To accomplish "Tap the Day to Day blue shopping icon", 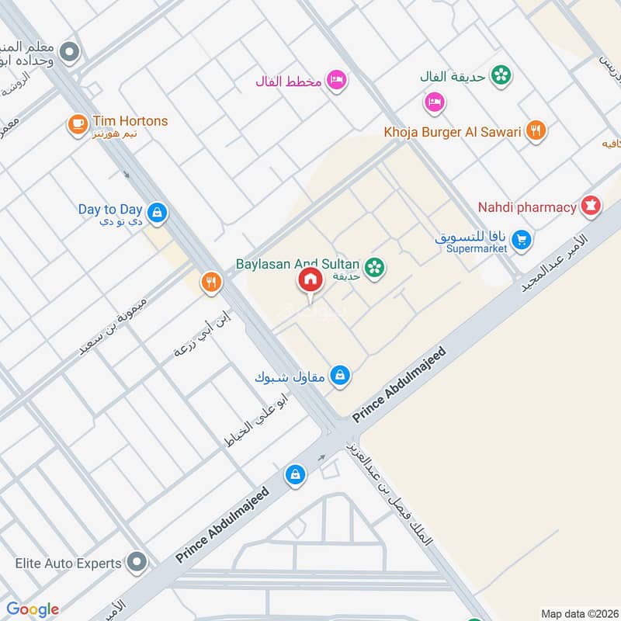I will pos(157,212).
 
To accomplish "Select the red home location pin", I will pos(309,281).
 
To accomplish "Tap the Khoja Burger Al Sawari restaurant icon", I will pos(534,131).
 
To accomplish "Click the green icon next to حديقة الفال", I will pos(502,75).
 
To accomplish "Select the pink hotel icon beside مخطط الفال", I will pos(335,80).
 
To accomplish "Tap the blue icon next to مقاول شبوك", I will pos(339,376).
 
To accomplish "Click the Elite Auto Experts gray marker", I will pos(137,561).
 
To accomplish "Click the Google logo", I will pos(32,609).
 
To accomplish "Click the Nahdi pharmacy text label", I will pos(526,207).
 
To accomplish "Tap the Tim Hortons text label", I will pos(130,121).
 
